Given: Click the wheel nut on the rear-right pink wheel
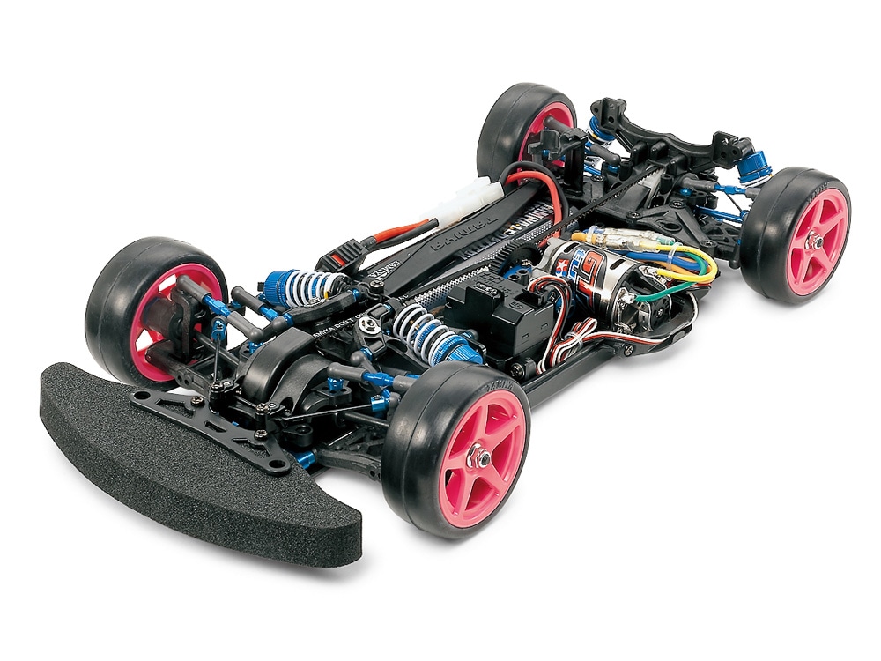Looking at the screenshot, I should point(818,240).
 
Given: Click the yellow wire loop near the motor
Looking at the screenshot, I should point(696,260).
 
